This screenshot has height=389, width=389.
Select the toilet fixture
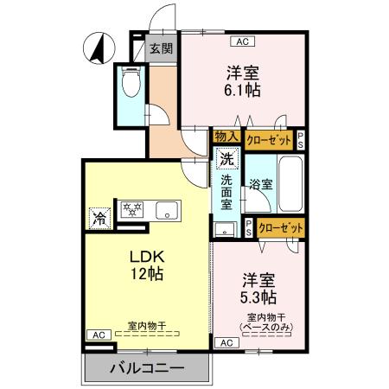point(131,83)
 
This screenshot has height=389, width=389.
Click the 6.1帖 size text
point(242,90)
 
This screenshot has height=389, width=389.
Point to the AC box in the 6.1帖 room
point(242,41)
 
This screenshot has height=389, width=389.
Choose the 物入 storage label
point(226,137)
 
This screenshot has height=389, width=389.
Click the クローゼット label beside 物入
point(268,138)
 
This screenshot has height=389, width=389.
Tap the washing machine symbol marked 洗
point(226,159)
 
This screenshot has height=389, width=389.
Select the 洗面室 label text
point(226,195)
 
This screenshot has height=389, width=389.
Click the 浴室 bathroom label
point(261,183)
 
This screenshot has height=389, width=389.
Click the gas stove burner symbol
point(131,210)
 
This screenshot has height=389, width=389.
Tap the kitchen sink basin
point(165,210)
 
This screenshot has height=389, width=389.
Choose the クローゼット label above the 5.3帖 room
point(281,227)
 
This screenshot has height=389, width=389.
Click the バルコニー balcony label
point(147,368)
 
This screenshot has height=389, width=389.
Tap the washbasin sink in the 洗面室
point(225,229)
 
